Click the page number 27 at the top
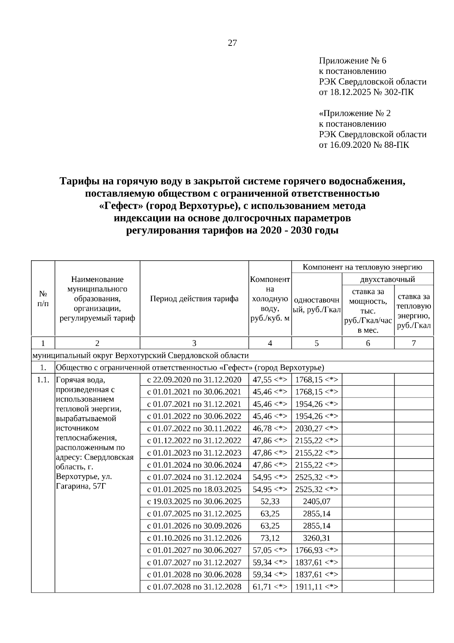coord(232,43)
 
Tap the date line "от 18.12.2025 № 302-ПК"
coord(366,92)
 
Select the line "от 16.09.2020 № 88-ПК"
coord(364,145)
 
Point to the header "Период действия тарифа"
coord(194,299)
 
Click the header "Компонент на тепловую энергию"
coord(362,267)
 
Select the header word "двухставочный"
coord(387,280)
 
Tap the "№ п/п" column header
coord(43,299)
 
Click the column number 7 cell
coord(414,343)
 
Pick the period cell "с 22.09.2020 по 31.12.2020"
coord(194,380)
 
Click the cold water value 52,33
coord(270,501)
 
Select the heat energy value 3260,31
coord(317,538)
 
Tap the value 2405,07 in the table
coord(317,501)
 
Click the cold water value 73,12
coord(270,538)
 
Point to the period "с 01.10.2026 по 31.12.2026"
coord(194,538)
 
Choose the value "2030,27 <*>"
coord(317,429)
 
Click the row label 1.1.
coord(43,380)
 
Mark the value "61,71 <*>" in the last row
coord(270,587)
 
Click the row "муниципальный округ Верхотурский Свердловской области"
coord(141,355)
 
